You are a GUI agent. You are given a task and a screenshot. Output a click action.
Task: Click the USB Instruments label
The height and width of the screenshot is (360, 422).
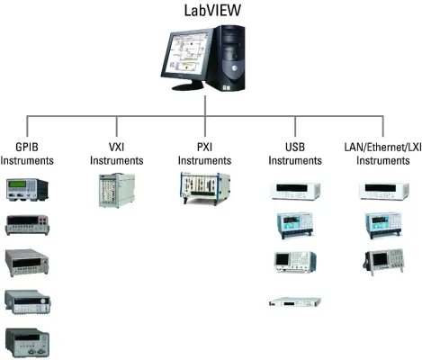pos(296,154)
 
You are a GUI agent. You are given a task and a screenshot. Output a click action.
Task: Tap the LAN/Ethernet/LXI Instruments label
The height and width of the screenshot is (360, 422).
pos(382,154)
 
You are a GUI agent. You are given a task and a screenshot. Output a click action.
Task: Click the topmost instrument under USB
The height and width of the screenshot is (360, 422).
pos(294,191)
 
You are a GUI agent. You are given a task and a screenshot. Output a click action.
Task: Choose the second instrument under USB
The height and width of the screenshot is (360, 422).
pos(294,225)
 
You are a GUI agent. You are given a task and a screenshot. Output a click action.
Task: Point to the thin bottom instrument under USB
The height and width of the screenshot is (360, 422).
pos(294,301)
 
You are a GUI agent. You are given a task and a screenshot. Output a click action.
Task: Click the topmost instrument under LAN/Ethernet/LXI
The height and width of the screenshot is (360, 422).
pos(383,191)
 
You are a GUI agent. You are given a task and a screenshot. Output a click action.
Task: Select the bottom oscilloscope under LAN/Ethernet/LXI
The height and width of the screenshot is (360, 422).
pos(383,261)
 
